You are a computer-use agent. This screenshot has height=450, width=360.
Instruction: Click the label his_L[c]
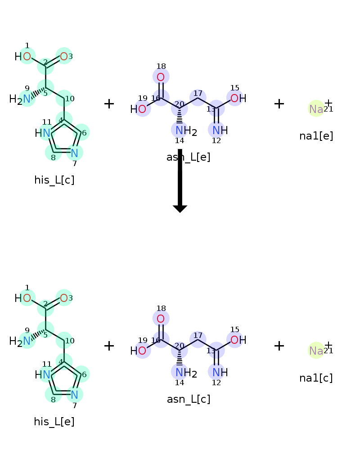pyautogui.click(x=54, y=180)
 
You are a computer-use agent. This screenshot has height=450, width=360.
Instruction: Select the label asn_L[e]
pyautogui.click(x=189, y=157)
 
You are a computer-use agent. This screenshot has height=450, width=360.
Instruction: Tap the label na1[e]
pyautogui.click(x=316, y=136)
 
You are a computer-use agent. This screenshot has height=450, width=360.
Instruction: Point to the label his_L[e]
pyautogui.click(x=54, y=422)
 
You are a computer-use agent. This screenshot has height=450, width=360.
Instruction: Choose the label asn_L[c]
pyautogui.click(x=189, y=399)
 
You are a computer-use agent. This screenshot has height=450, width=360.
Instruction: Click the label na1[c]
pyautogui.click(x=316, y=378)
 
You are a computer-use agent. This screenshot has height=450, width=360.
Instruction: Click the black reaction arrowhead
pyautogui.click(x=180, y=208)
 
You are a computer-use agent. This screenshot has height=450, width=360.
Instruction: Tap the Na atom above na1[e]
pyautogui.click(x=316, y=109)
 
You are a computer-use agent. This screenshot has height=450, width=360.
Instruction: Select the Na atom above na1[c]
pyautogui.click(x=316, y=351)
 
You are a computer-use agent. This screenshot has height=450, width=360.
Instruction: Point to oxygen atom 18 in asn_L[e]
pyautogui.click(x=161, y=76)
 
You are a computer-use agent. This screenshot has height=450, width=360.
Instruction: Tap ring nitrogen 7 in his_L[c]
pyautogui.click(x=75, y=153)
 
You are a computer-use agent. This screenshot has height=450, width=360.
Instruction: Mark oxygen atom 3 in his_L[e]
pyautogui.click(x=64, y=298)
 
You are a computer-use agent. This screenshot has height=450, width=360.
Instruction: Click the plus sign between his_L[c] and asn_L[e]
pyautogui.click(x=109, y=104)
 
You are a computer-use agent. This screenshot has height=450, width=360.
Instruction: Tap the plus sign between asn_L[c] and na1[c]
pyautogui.click(x=279, y=346)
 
